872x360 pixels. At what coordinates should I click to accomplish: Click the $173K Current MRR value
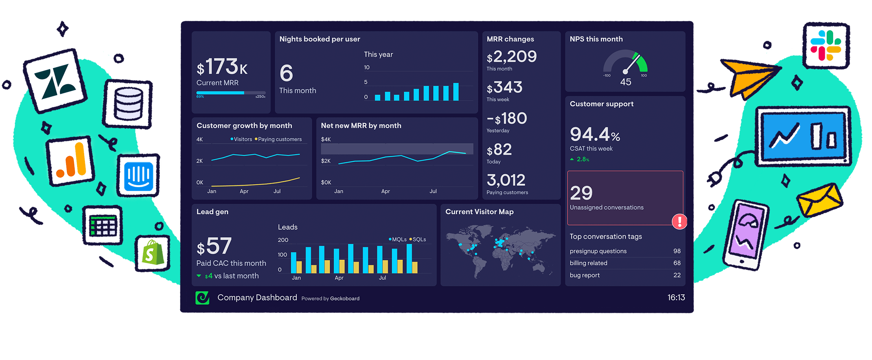(222, 67)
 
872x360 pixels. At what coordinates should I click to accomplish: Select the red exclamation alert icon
(679, 221)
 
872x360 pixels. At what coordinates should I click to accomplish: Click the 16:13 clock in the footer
(676, 298)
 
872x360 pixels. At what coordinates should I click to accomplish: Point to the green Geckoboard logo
(202, 298)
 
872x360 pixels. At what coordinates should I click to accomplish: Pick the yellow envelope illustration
(819, 200)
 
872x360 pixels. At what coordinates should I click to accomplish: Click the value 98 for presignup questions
(677, 251)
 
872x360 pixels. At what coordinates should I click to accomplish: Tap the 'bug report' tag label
(585, 275)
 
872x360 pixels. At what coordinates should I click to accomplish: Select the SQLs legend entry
(418, 239)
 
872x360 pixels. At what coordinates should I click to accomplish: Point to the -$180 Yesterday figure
(507, 118)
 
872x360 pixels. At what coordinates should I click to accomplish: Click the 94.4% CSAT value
(594, 134)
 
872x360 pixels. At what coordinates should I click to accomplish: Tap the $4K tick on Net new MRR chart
(326, 139)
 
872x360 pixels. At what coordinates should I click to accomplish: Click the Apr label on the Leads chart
(339, 278)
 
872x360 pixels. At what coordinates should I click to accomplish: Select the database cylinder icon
(128, 105)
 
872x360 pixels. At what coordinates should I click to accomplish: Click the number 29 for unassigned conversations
(581, 193)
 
